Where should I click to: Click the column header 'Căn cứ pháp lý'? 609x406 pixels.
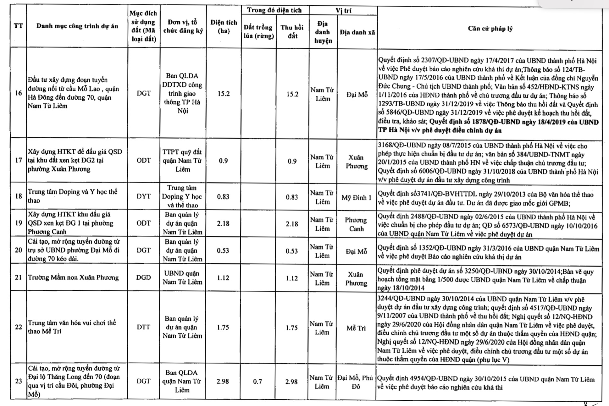point(490,29)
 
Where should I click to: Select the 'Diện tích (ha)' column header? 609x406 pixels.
point(224,26)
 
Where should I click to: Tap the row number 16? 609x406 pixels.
point(19,93)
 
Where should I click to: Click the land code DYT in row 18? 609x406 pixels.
point(144,196)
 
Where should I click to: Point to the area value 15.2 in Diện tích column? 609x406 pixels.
point(224,94)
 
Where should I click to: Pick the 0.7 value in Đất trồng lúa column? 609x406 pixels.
point(257,381)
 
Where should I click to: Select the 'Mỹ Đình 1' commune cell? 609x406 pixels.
point(357,198)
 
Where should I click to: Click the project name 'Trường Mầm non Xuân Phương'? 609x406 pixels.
point(73,277)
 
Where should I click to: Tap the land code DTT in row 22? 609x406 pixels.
point(143,327)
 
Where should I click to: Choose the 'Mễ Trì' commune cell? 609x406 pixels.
point(356,328)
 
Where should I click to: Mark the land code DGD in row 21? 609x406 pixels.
point(143,277)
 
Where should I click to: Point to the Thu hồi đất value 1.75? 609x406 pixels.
point(291,328)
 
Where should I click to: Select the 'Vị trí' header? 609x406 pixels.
point(343,10)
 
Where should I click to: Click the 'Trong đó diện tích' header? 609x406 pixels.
point(274,10)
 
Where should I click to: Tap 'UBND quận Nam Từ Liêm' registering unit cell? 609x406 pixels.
point(182,277)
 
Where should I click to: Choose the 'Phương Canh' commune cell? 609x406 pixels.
point(356,224)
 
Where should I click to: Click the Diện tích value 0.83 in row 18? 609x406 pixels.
point(223,197)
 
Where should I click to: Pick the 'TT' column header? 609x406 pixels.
point(19,26)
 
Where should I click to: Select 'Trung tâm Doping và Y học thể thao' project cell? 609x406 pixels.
point(73,196)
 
